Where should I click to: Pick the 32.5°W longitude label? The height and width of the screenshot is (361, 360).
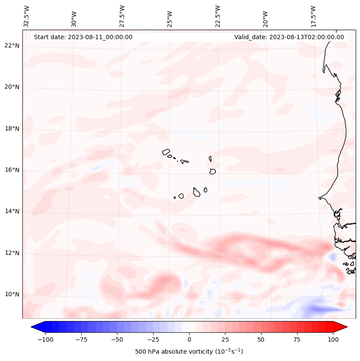(27, 16)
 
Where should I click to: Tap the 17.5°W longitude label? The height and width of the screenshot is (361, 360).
(314, 16)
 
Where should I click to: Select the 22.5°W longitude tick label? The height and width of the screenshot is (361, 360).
(218, 16)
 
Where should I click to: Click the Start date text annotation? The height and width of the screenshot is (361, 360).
(83, 37)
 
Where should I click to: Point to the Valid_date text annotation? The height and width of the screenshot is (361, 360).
(289, 37)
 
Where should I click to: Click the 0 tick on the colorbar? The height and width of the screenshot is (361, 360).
(189, 339)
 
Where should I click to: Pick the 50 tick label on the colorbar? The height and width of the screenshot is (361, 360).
(261, 339)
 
